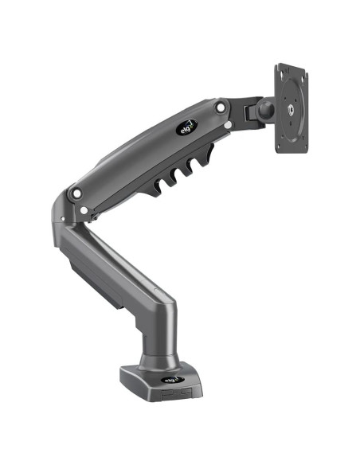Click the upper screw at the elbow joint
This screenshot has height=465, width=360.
coord(76,192)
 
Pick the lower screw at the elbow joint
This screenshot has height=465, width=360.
coord(84,211)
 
